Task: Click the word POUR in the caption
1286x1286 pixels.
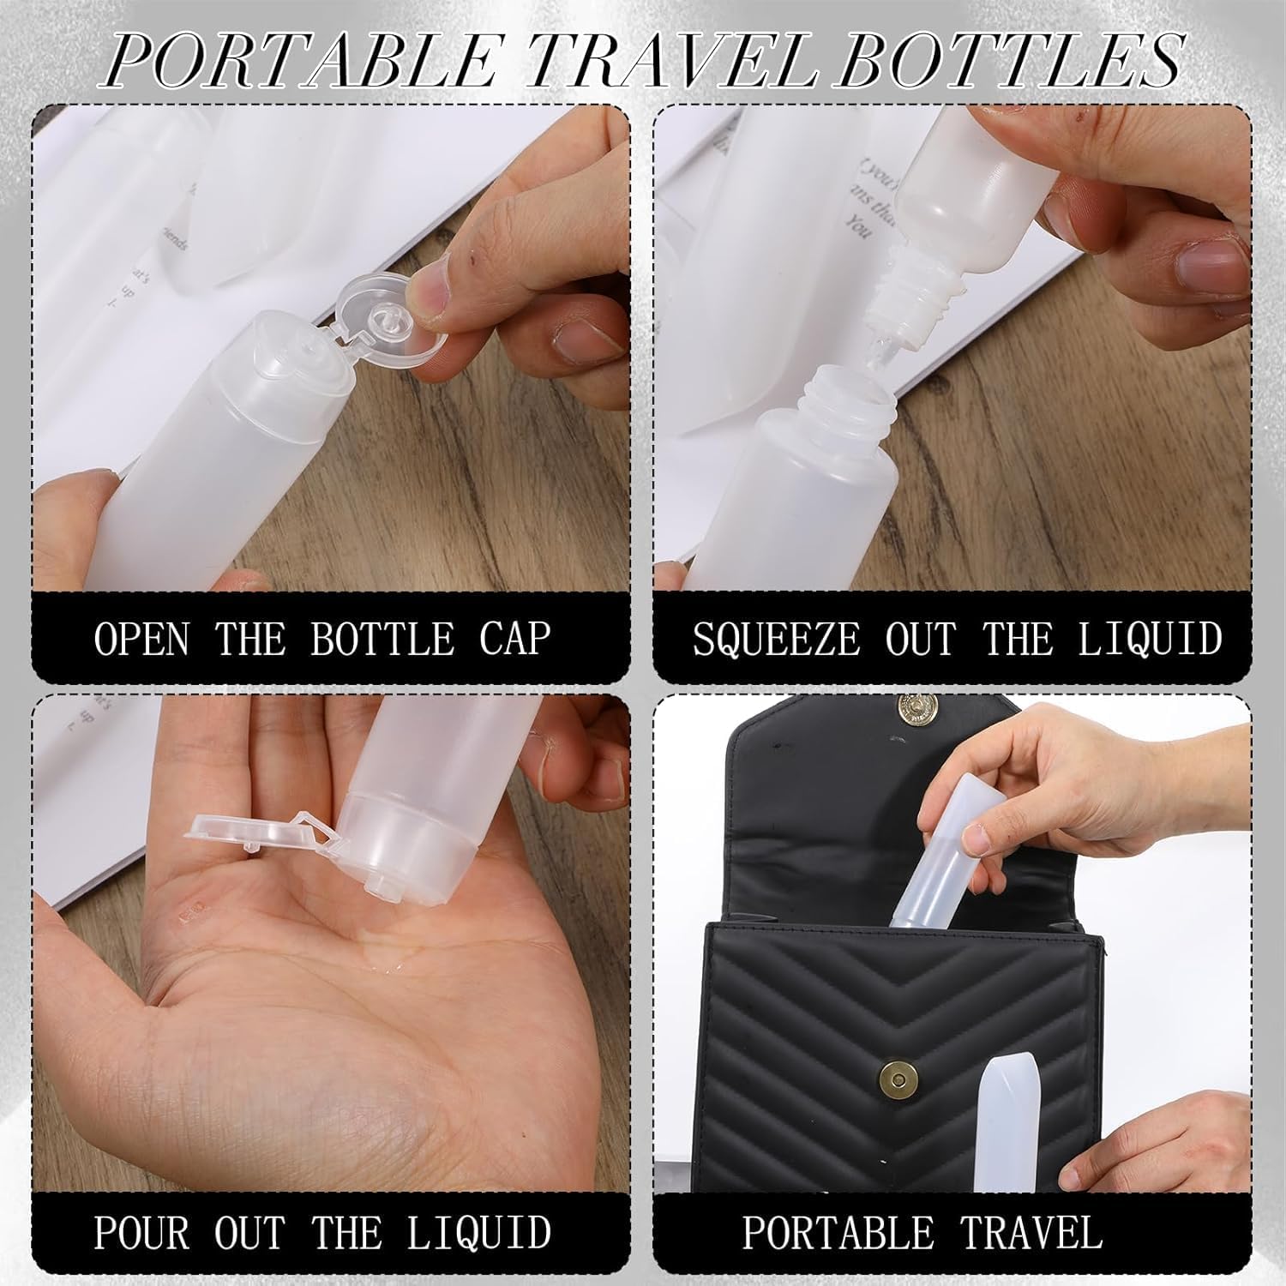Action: (141, 1232)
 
